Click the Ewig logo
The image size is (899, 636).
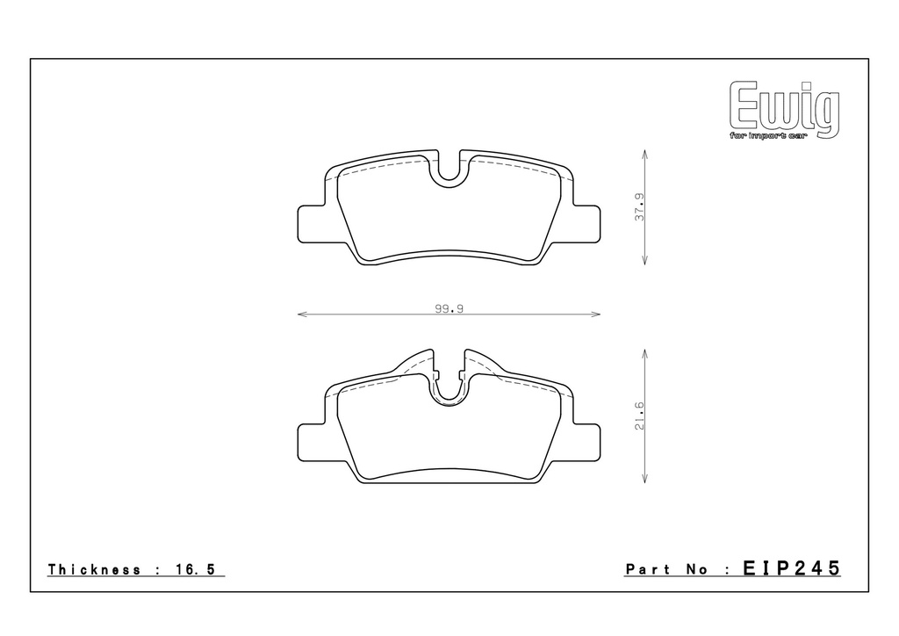(x=784, y=109)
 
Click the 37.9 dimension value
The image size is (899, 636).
(x=640, y=207)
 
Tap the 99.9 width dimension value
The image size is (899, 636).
(x=449, y=308)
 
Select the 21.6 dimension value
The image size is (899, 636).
(x=640, y=416)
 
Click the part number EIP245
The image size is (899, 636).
(x=792, y=568)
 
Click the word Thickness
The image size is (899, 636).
(x=95, y=569)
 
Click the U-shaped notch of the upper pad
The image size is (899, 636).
(x=449, y=171)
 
